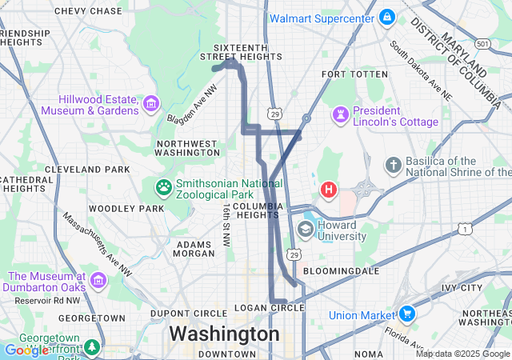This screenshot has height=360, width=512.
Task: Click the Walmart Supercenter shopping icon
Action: point(387,17)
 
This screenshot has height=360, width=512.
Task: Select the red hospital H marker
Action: point(328,190)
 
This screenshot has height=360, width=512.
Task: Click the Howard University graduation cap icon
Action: point(305,230)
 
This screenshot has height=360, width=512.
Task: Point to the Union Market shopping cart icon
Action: point(407,314)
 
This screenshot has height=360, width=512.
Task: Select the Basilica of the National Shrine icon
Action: point(392,166)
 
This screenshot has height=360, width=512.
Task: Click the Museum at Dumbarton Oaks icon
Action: point(98,281)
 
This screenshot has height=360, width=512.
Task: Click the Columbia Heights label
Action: point(258,210)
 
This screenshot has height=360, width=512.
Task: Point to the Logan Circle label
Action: point(270,308)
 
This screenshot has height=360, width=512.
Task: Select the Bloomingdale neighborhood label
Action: point(342,271)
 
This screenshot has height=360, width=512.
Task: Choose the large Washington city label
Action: point(224,334)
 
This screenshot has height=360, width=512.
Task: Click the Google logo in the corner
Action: point(26,350)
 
